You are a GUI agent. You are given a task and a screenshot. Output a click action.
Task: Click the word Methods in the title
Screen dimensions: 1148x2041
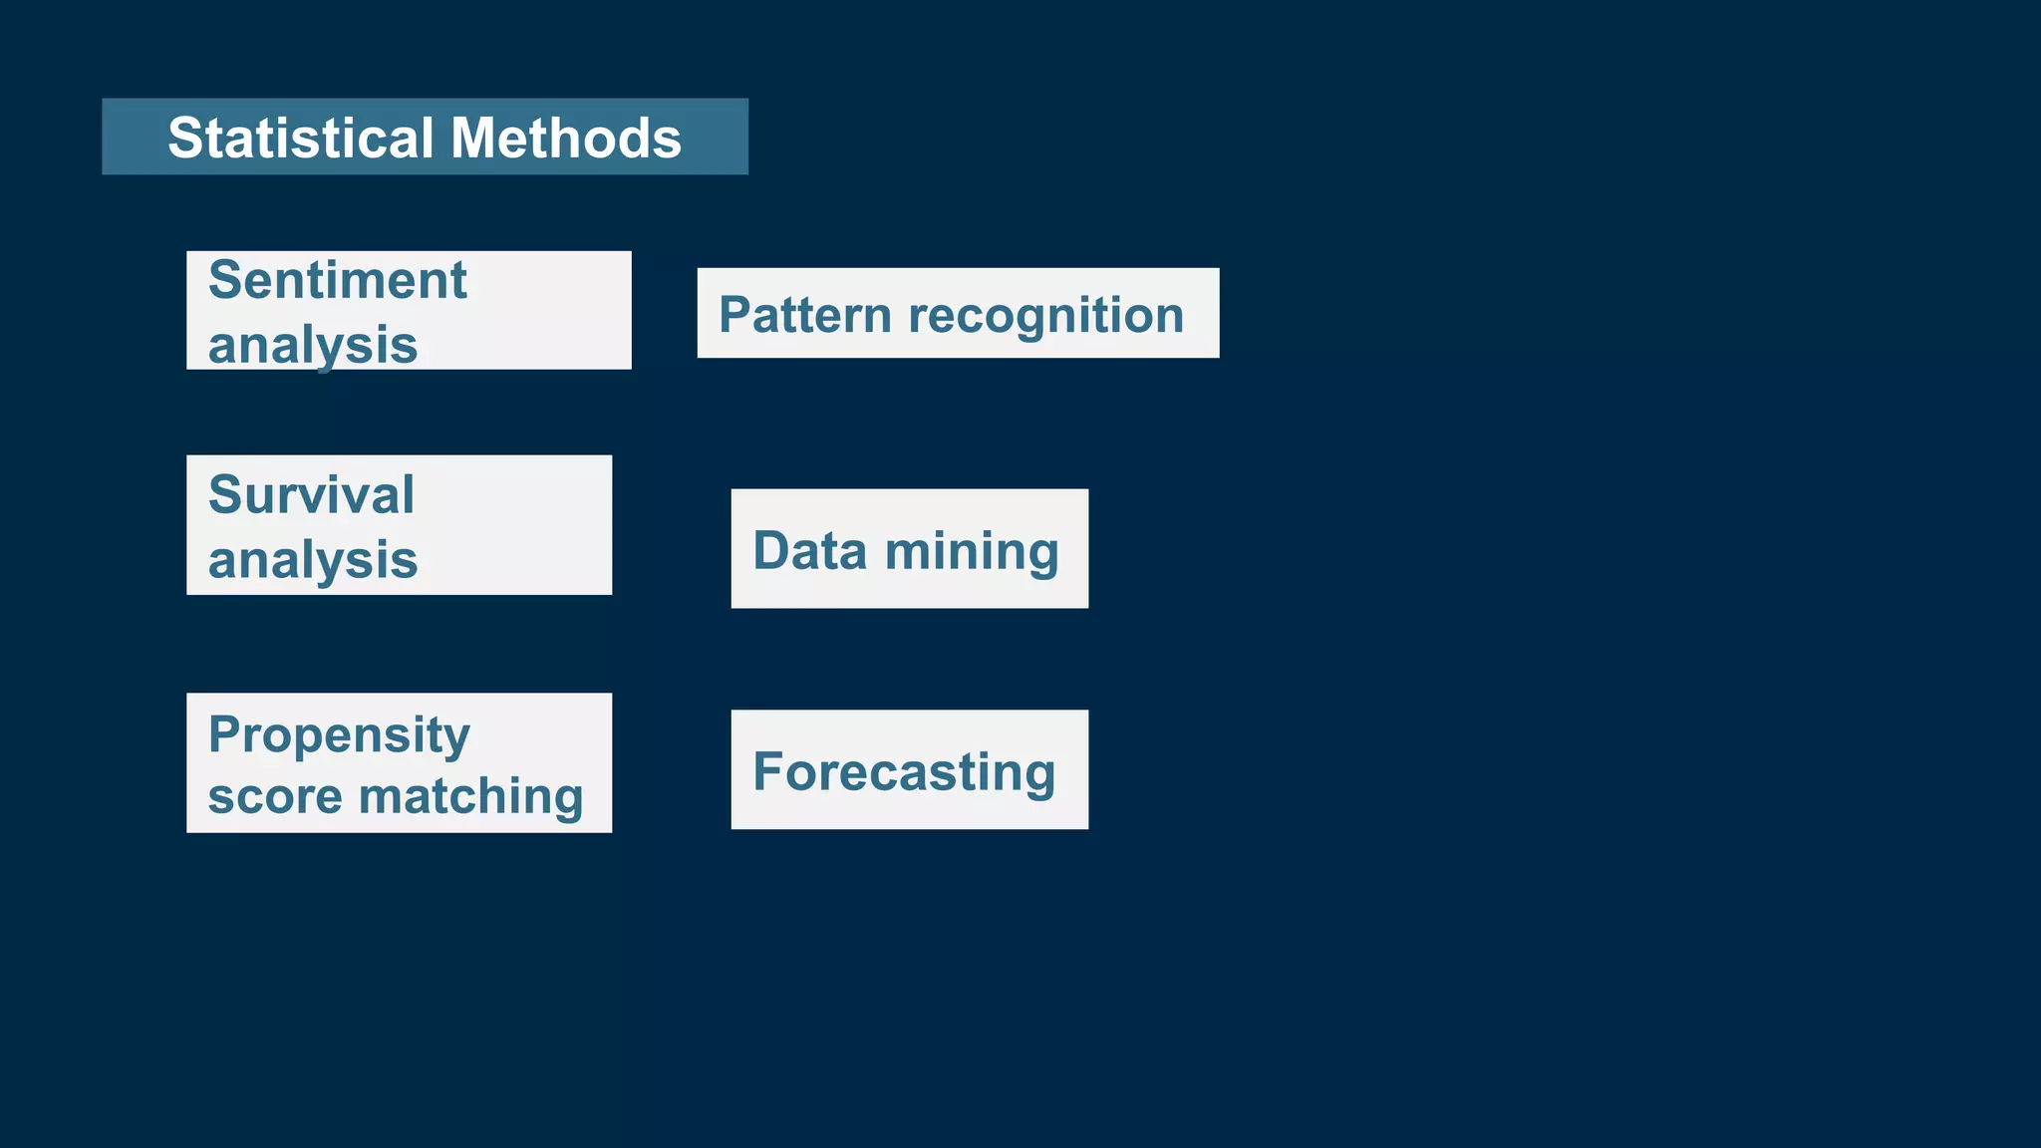(x=566, y=138)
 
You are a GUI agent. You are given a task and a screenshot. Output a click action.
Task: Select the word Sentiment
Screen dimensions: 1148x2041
(x=337, y=280)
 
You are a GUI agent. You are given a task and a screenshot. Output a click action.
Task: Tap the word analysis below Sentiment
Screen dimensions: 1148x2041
(x=313, y=345)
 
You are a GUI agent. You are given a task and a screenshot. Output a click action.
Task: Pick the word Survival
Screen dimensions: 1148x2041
(x=311, y=495)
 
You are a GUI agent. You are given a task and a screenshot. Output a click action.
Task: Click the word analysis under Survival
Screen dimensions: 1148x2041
(x=313, y=559)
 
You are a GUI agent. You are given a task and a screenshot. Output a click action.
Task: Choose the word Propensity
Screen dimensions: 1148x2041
(x=339, y=735)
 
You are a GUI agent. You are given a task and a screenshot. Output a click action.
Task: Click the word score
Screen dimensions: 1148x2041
(x=274, y=796)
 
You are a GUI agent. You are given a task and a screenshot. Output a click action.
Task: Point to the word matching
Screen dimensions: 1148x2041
(x=470, y=796)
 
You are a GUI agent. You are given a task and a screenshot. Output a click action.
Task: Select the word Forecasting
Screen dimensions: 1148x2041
(x=904, y=772)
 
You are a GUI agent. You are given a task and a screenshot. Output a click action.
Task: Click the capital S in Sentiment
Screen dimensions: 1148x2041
(x=226, y=280)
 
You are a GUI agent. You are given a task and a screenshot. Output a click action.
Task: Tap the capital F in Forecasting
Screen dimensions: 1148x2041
(x=768, y=772)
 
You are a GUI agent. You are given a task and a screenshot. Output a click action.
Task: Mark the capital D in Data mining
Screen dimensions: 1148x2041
(x=771, y=551)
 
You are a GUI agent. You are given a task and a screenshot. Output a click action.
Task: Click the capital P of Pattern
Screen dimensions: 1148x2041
(x=735, y=315)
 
